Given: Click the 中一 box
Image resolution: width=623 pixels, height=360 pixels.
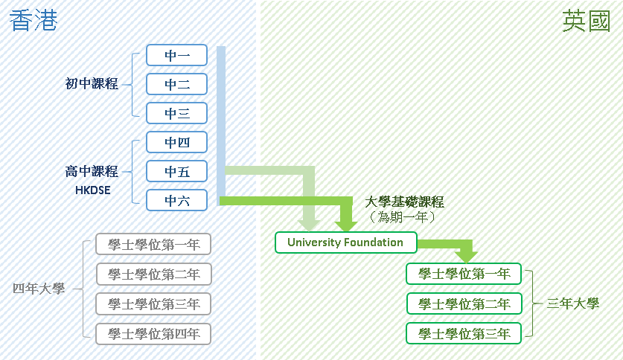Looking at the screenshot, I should click(176, 55).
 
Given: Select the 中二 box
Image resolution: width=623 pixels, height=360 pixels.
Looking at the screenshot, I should click(176, 84).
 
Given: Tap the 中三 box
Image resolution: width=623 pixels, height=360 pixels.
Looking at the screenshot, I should click(176, 113).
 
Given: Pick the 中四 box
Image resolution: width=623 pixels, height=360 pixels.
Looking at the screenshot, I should click(176, 142).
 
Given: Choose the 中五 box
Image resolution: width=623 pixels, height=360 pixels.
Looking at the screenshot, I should click(176, 171).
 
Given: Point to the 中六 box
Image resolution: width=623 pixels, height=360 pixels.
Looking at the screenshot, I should click(176, 200).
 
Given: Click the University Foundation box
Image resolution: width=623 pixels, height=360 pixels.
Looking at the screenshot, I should click(345, 242).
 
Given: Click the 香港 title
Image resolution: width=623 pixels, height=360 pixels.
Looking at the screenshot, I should click(33, 22).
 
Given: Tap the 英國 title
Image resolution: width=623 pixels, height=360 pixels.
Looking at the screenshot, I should click(586, 23).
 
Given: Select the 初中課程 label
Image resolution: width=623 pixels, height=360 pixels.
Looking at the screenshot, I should click(92, 84).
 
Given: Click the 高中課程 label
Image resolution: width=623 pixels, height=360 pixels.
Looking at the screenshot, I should click(92, 172).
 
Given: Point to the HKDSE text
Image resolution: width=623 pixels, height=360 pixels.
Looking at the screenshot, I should click(92, 190).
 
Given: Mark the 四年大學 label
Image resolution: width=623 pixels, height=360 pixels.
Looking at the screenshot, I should click(39, 289).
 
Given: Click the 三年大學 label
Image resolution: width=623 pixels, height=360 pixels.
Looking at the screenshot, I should click(572, 303).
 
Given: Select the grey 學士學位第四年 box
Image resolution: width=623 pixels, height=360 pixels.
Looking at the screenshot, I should click(153, 333).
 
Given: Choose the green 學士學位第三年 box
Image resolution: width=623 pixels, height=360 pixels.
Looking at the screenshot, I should click(464, 333).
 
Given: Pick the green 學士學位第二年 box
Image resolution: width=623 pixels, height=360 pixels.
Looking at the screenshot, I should click(464, 303).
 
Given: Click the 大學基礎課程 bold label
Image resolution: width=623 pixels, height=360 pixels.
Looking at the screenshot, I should click(405, 202).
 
